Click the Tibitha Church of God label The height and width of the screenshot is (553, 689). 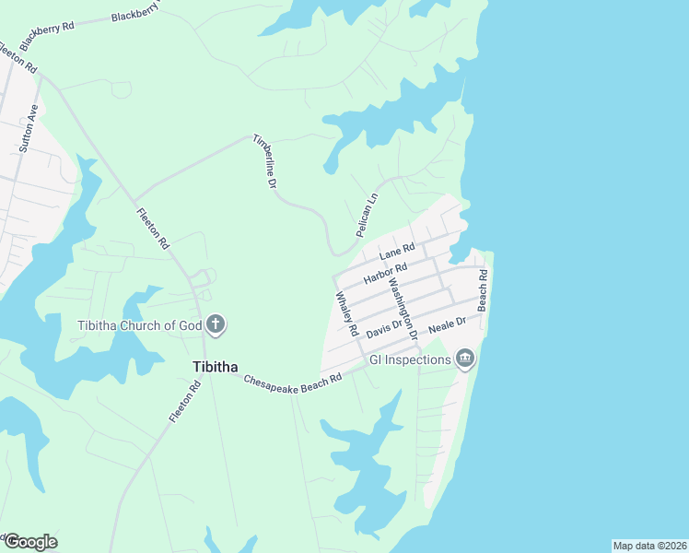click(x=140, y=324)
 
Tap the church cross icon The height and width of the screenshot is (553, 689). click(x=216, y=324)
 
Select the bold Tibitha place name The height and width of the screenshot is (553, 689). click(x=216, y=367)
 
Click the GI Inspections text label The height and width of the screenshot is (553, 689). click(x=410, y=359)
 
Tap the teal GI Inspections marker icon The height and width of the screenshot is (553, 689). click(x=465, y=358)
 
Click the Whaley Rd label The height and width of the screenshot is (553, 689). click(x=346, y=313)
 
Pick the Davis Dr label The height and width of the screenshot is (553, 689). click(x=385, y=327)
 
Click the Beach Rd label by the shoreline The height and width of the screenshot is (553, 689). click(x=482, y=289)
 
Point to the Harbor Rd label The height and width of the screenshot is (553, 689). click(x=385, y=274)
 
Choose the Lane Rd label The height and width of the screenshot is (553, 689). click(x=397, y=250)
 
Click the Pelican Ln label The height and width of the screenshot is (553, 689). click(x=367, y=213)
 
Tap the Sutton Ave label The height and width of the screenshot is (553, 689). click(x=28, y=127)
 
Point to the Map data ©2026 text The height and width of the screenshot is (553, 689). click(x=649, y=546)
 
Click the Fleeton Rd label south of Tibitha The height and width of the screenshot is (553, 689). click(x=185, y=403)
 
